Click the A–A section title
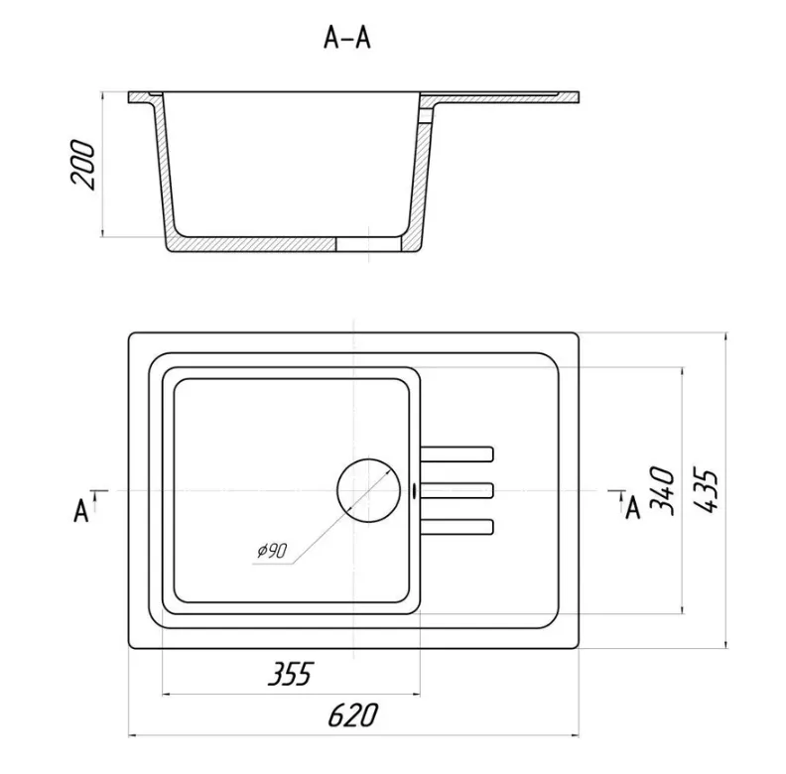(x=347, y=39)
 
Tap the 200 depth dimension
(x=82, y=165)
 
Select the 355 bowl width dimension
(x=290, y=673)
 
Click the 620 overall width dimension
(x=352, y=714)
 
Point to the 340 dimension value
(x=663, y=491)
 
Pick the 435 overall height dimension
(x=707, y=491)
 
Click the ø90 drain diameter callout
(x=272, y=551)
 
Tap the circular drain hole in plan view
(x=368, y=490)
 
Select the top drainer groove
(x=458, y=454)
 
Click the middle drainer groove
(x=458, y=491)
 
